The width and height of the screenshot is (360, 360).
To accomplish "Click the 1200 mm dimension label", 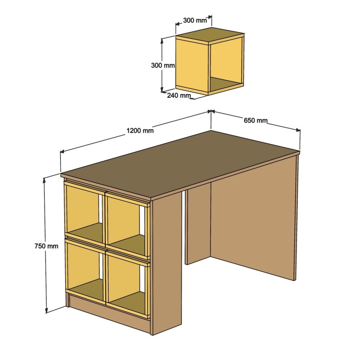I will (140, 131).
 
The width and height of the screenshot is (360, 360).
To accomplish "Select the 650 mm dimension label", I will (256, 120).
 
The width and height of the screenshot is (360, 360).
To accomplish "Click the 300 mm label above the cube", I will (195, 20).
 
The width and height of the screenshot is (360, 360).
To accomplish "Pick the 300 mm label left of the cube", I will (162, 65).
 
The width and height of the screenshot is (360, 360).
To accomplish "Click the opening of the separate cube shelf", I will (226, 65).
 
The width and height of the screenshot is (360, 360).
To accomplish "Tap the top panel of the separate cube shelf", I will (210, 35).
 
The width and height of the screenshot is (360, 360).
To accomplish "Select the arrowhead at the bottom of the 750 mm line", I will (46, 310).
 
